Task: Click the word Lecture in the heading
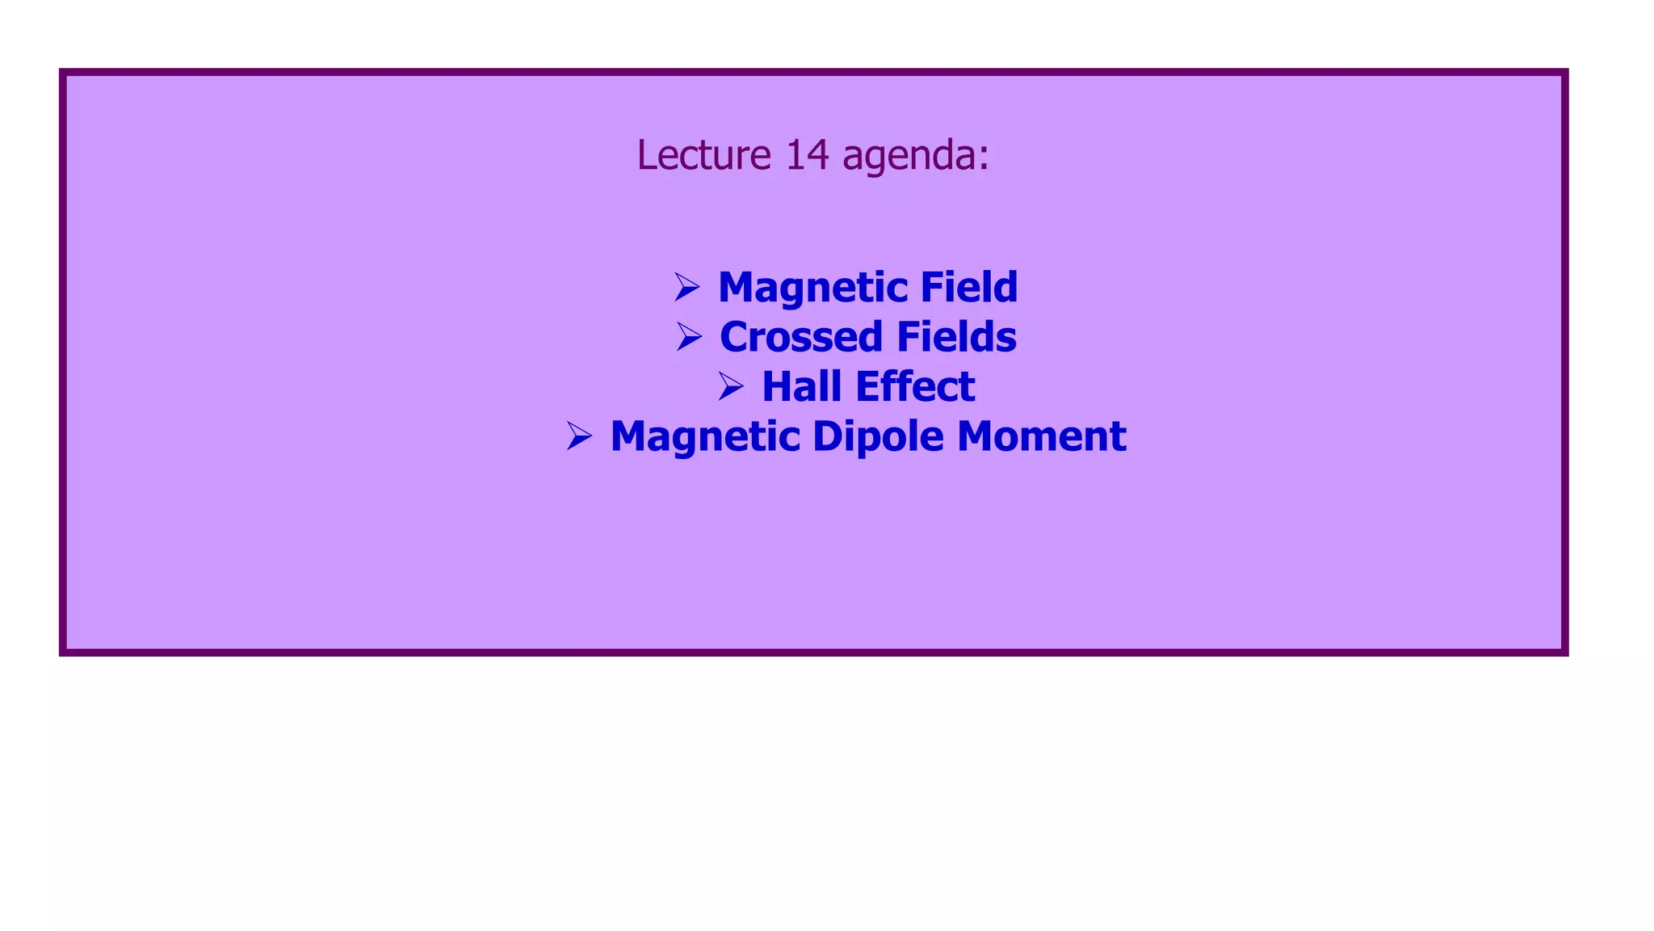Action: (703, 154)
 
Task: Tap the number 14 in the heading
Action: (807, 154)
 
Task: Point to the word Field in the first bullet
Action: (969, 287)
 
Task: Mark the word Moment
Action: (1042, 436)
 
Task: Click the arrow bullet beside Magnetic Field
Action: (686, 287)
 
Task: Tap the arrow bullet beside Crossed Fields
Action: (689, 337)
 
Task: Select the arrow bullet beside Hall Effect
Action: (731, 386)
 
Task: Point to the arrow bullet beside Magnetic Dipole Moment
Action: (579, 436)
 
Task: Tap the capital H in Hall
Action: (778, 386)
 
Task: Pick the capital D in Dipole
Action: (828, 436)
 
